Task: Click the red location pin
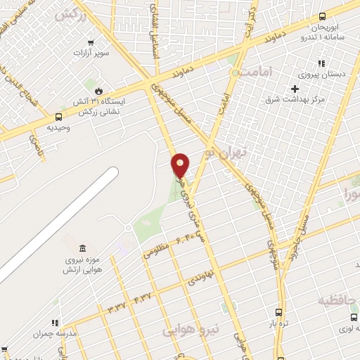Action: coord(181,165)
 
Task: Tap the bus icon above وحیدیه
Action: coord(58,117)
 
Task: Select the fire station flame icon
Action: coord(99,91)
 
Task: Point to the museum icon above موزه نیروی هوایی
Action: coord(83,250)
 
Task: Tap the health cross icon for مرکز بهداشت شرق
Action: coord(295,89)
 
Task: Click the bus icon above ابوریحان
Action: coord(322,17)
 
